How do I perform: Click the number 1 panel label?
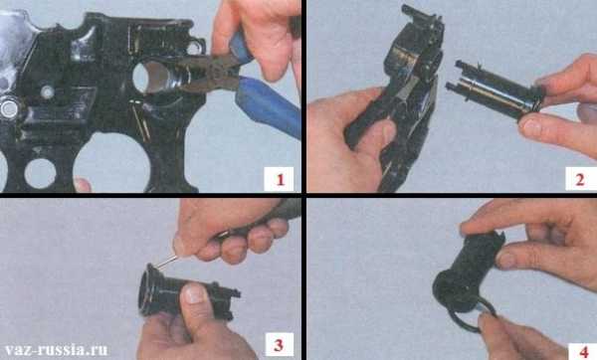point(281,179)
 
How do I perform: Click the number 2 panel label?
point(580,180)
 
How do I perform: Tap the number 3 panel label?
point(279,345)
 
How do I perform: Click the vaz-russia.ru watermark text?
point(57,349)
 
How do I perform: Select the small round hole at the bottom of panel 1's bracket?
point(40,173)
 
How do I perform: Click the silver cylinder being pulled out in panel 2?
point(495,92)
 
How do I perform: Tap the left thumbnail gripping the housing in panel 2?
point(389,132)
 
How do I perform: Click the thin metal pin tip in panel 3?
point(157,268)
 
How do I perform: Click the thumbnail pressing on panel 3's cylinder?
point(195,293)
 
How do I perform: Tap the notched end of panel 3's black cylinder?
point(228,299)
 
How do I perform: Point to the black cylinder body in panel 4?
point(468,268)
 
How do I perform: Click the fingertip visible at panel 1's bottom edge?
point(83,185)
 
